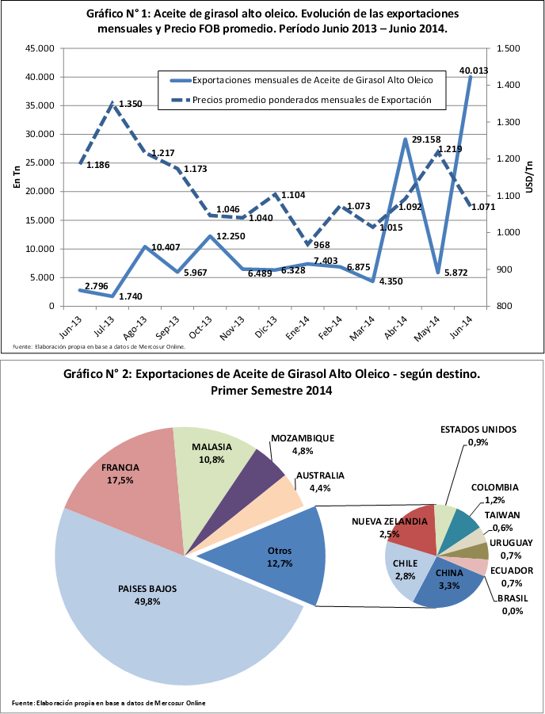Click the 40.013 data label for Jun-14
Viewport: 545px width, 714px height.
coord(470,71)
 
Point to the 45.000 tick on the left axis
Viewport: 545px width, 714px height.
coord(40,48)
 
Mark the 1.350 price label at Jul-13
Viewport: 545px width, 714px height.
coord(130,104)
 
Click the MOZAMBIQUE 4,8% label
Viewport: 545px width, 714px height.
coord(302,443)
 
